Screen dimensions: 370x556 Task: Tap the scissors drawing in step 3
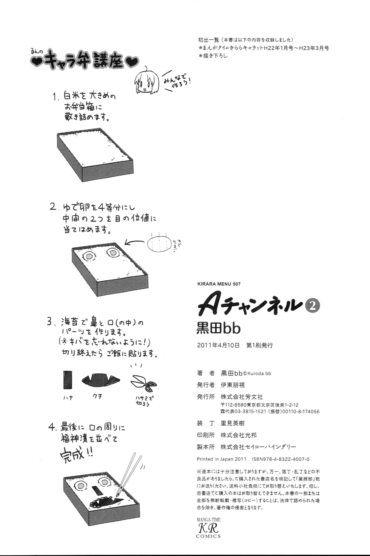click(x=143, y=383)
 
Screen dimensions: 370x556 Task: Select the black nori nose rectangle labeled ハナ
click(x=68, y=379)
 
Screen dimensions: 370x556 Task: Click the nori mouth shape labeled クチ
click(x=101, y=379)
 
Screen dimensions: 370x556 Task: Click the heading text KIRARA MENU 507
click(x=218, y=284)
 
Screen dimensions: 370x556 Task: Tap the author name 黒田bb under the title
click(x=218, y=328)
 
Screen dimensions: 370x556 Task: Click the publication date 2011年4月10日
click(x=218, y=346)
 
